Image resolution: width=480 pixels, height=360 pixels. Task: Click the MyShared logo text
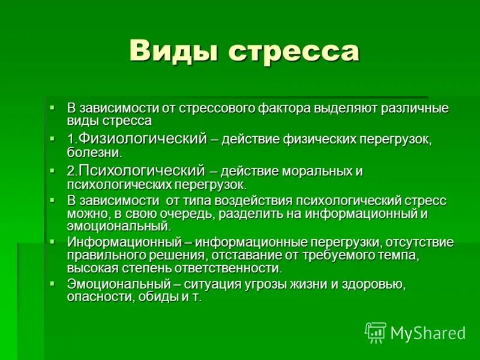click(428, 332)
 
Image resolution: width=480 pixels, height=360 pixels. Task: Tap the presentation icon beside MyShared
click(376, 332)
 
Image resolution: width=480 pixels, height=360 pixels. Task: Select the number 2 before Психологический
click(71, 172)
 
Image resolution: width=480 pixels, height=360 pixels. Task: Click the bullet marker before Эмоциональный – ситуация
click(53, 282)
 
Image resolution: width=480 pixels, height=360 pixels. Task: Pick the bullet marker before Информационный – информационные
click(53, 241)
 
